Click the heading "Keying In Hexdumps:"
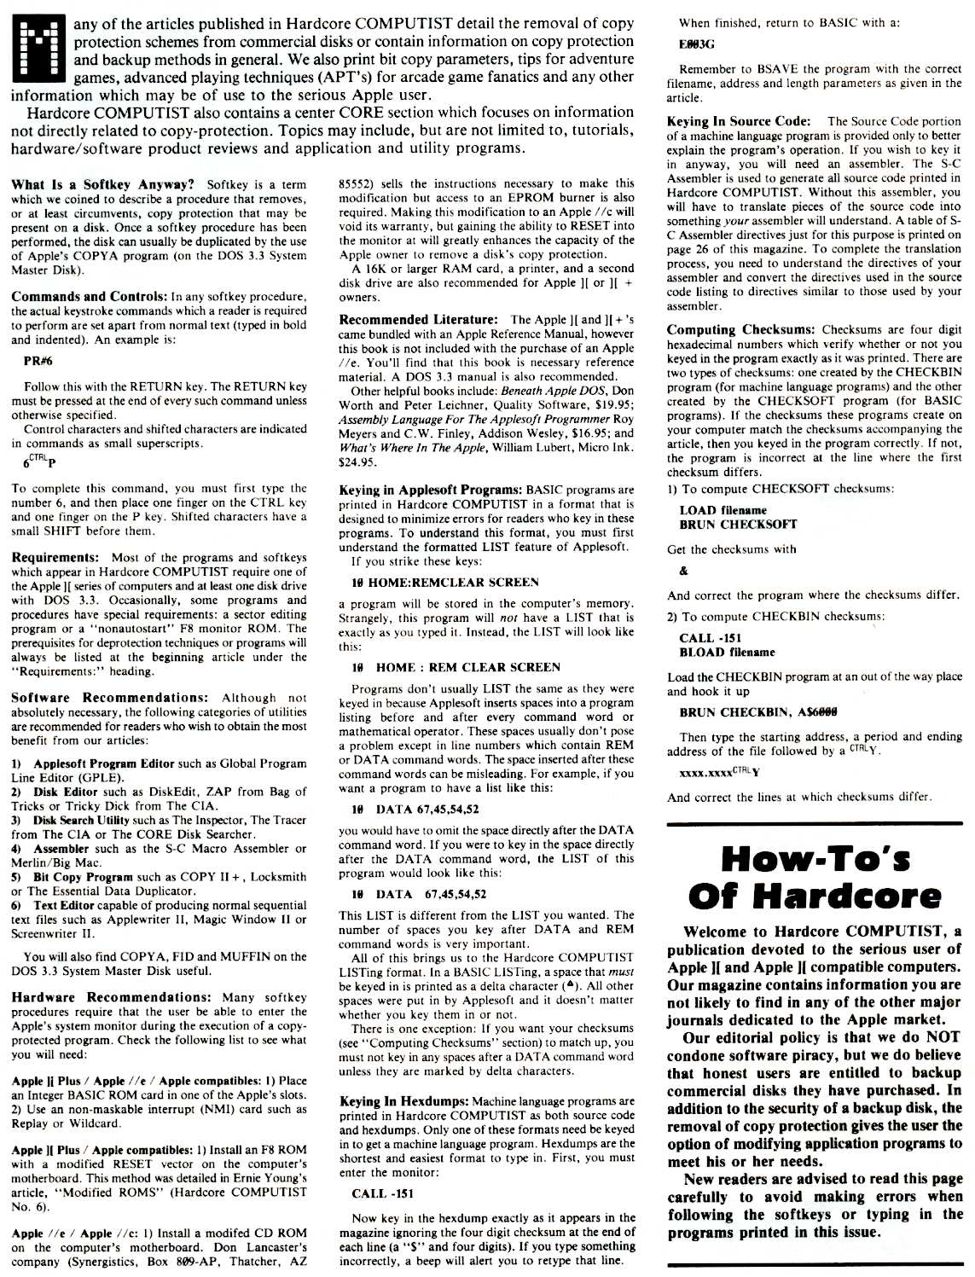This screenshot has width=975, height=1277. (403, 1101)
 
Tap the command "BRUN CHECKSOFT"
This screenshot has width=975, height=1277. (726, 524)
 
